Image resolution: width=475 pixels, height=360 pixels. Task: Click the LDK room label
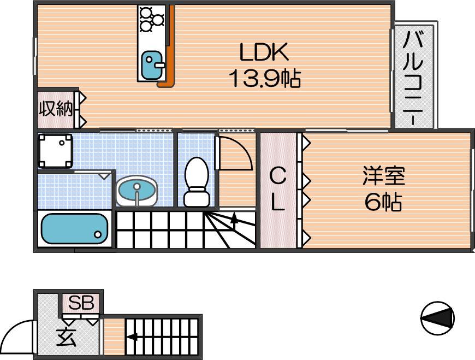pyautogui.click(x=264, y=52)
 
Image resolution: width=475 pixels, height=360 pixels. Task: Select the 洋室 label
pyautogui.click(x=384, y=176)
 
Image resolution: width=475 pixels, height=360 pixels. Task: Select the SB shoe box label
pyautogui.click(x=81, y=303)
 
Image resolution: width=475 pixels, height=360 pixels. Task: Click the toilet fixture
pyautogui.click(x=197, y=182)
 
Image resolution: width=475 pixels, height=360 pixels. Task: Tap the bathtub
pyautogui.click(x=74, y=228)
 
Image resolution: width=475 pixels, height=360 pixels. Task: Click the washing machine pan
pyautogui.click(x=56, y=151)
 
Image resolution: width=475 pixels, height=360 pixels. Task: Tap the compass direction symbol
pyautogui.click(x=437, y=318)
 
